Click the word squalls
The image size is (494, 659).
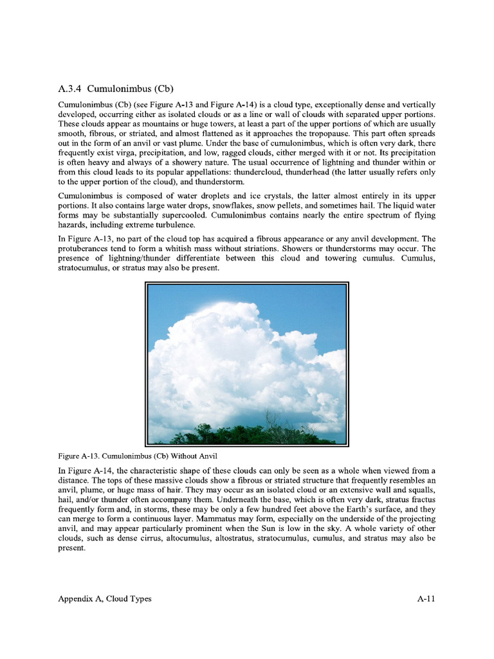[420, 490]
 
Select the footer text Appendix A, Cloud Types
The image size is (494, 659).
[105, 599]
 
